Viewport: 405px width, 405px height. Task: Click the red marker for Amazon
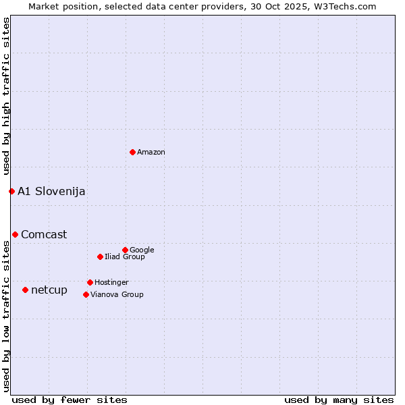(x=132, y=152)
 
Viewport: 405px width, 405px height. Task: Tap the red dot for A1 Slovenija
(x=11, y=191)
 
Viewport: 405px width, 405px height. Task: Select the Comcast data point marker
(x=15, y=234)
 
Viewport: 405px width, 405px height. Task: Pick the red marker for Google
(x=125, y=250)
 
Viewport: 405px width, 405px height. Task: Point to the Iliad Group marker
(x=100, y=256)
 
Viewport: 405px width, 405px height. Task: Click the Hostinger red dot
(x=90, y=282)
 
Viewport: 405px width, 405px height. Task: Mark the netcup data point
(x=25, y=290)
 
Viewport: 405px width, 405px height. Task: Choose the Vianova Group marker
(x=86, y=294)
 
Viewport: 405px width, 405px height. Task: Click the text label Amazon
(x=151, y=153)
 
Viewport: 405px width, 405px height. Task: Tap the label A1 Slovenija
(x=51, y=191)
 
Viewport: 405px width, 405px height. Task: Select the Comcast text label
(x=44, y=234)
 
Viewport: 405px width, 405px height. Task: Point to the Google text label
(x=142, y=250)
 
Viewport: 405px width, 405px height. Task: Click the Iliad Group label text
(x=125, y=256)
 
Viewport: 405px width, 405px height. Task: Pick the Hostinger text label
(x=111, y=282)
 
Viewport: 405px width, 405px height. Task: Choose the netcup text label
(x=49, y=290)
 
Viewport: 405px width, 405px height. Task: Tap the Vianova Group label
(x=117, y=294)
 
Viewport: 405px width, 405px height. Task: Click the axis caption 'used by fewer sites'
(x=70, y=400)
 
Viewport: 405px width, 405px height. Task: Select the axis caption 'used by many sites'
(x=339, y=400)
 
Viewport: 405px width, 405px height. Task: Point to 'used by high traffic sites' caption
(x=6, y=97)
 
